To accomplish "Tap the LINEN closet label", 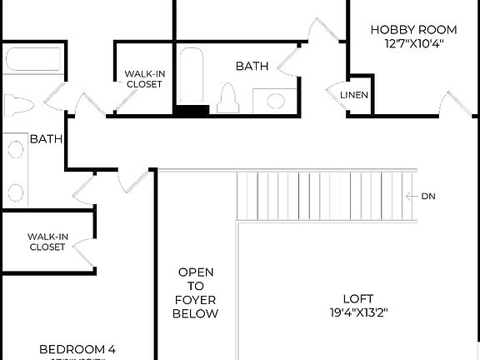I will tap(354, 95).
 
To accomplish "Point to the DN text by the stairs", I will tap(428, 197).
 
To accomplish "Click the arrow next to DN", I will tap(411, 197).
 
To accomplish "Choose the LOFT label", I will tap(358, 298).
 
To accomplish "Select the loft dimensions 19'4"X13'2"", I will tap(358, 313).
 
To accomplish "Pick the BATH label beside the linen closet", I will tap(252, 65).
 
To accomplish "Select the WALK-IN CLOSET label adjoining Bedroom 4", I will tap(47, 242).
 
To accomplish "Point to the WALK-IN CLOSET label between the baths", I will tap(145, 79).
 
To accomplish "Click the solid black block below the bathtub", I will tap(192, 110).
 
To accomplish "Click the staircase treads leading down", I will tap(325, 197).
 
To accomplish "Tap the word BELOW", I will tap(195, 314).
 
